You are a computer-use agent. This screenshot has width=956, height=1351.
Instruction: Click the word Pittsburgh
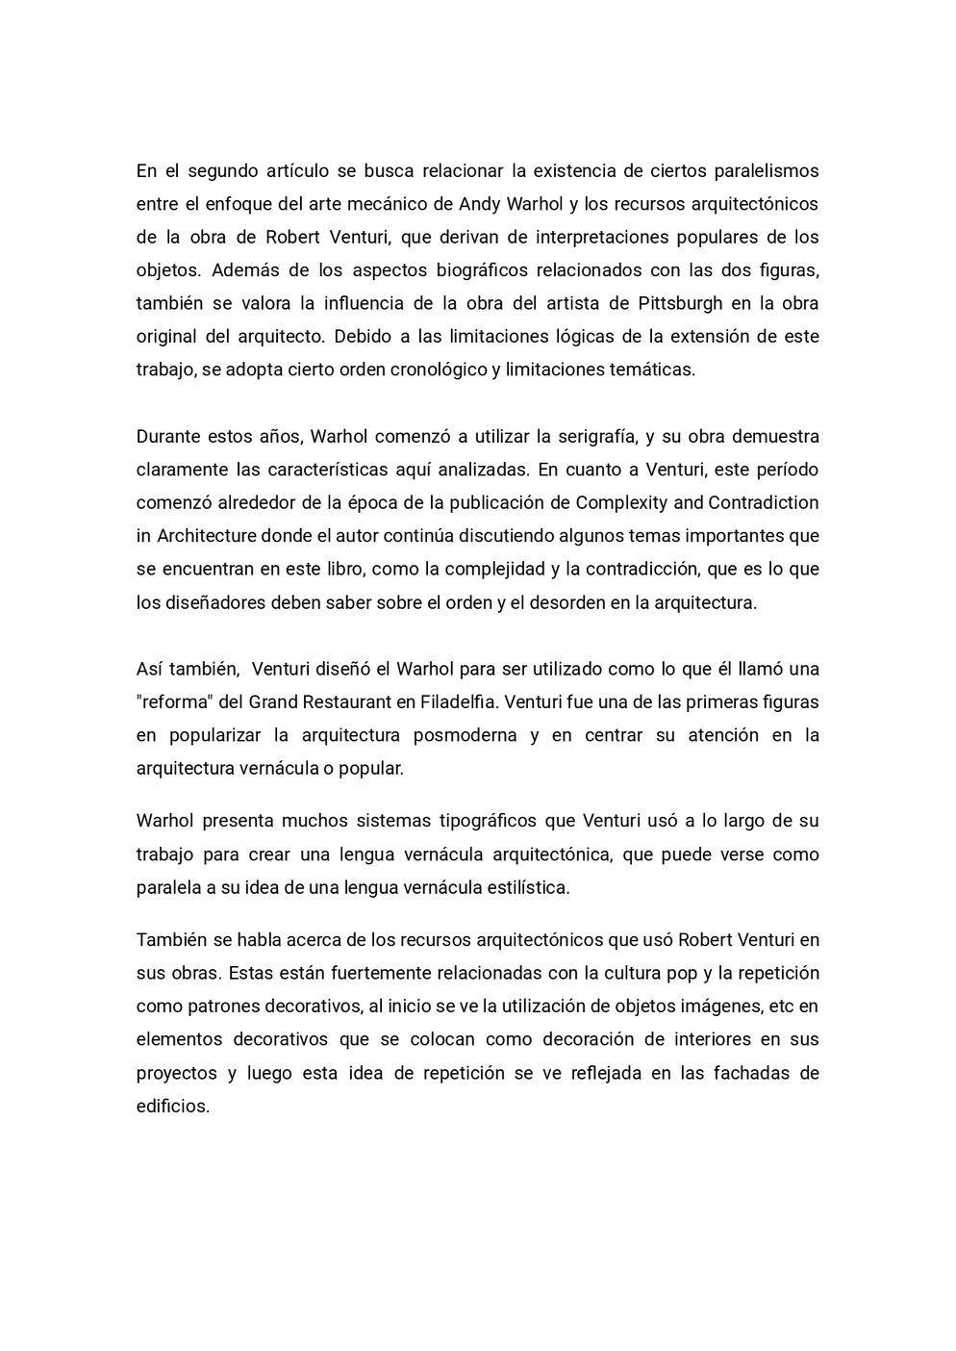tap(680, 303)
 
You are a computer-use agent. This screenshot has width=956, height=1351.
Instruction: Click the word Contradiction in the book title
tap(764, 502)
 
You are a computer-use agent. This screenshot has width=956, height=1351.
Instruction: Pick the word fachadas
tap(753, 1073)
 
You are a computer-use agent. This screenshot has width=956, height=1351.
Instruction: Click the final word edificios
tap(173, 1107)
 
